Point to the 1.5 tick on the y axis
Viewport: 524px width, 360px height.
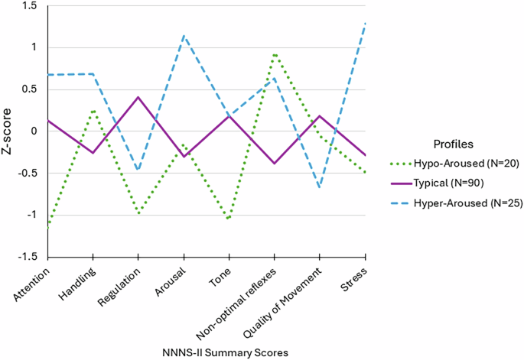point(30,6)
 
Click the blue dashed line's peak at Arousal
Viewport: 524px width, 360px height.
point(184,35)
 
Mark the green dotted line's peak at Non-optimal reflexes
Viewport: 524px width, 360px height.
point(275,54)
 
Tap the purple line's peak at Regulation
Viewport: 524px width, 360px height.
point(138,97)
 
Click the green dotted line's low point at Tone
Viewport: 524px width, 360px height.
point(229,219)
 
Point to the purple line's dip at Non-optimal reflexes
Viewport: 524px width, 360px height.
point(274,164)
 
